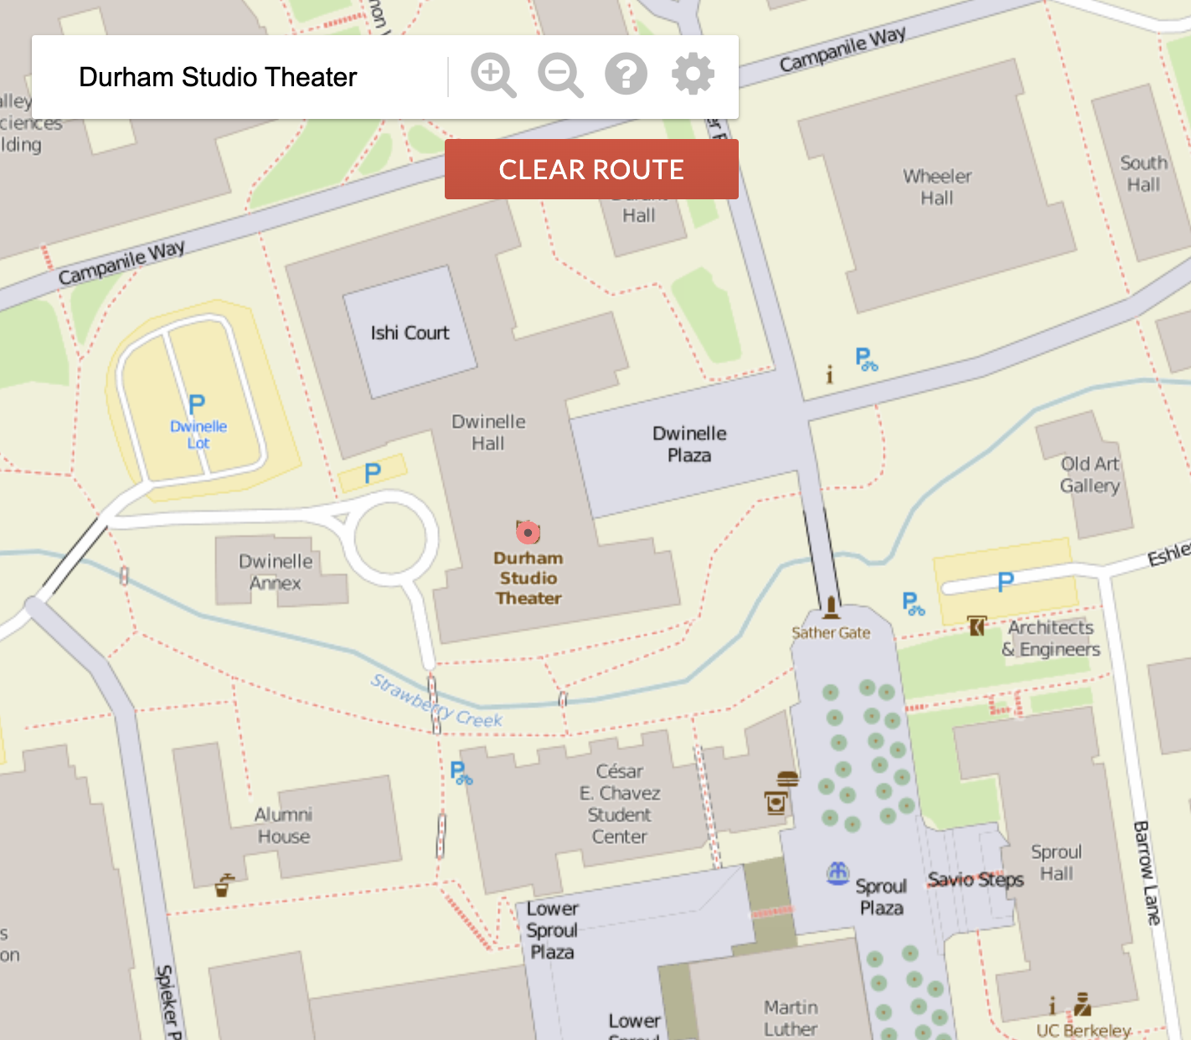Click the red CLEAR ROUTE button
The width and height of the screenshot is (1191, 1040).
coord(591,169)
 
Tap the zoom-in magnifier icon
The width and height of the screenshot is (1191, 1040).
coord(492,75)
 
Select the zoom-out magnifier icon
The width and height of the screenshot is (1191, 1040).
coord(559,75)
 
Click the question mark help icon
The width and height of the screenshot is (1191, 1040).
coord(626,75)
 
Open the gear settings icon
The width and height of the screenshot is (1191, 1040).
coord(693,75)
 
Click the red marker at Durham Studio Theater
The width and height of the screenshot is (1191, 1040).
coord(528,532)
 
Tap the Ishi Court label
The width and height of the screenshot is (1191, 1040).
coord(410,333)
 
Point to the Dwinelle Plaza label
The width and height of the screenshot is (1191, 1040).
coord(689,445)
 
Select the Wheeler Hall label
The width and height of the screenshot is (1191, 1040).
coord(937,188)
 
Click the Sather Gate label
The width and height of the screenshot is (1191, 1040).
coord(831,633)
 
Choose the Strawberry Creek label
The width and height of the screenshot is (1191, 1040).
coord(436,700)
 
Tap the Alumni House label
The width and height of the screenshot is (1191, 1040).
coord(283,826)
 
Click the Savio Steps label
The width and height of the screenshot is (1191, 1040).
coord(976,879)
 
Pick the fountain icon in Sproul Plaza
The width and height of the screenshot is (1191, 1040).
coord(838,873)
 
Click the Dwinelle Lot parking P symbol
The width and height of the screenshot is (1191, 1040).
coord(197,405)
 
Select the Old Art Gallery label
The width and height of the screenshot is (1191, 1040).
coord(1090,475)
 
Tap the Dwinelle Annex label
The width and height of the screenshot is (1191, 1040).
coord(276,572)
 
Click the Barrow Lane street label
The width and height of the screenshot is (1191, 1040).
coord(1147,873)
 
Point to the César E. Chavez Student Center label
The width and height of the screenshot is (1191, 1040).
coord(620,804)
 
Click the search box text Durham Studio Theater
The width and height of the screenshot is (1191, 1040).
coord(218,77)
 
